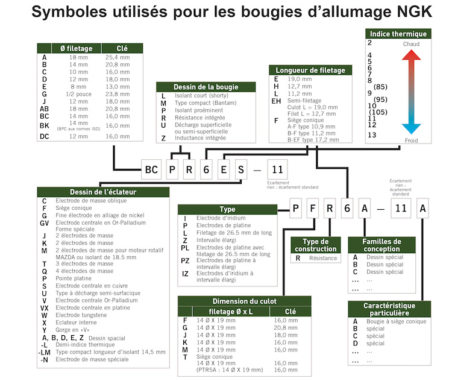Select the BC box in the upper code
click(152, 170)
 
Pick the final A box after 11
click(424, 209)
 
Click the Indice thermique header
click(398, 34)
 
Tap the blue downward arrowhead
click(412, 127)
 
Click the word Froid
click(412, 140)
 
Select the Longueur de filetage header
click(311, 70)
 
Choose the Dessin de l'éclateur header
click(103, 192)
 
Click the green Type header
click(227, 209)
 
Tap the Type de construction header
click(315, 245)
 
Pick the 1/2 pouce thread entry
click(78, 93)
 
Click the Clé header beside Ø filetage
click(122, 48)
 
